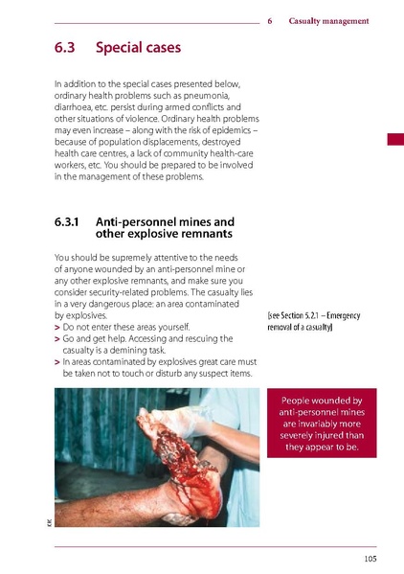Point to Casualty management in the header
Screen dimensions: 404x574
click(x=328, y=21)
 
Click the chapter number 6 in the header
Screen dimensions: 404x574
click(x=271, y=21)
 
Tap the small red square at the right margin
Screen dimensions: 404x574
click(x=394, y=141)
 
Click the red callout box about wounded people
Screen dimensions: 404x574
click(x=322, y=423)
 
